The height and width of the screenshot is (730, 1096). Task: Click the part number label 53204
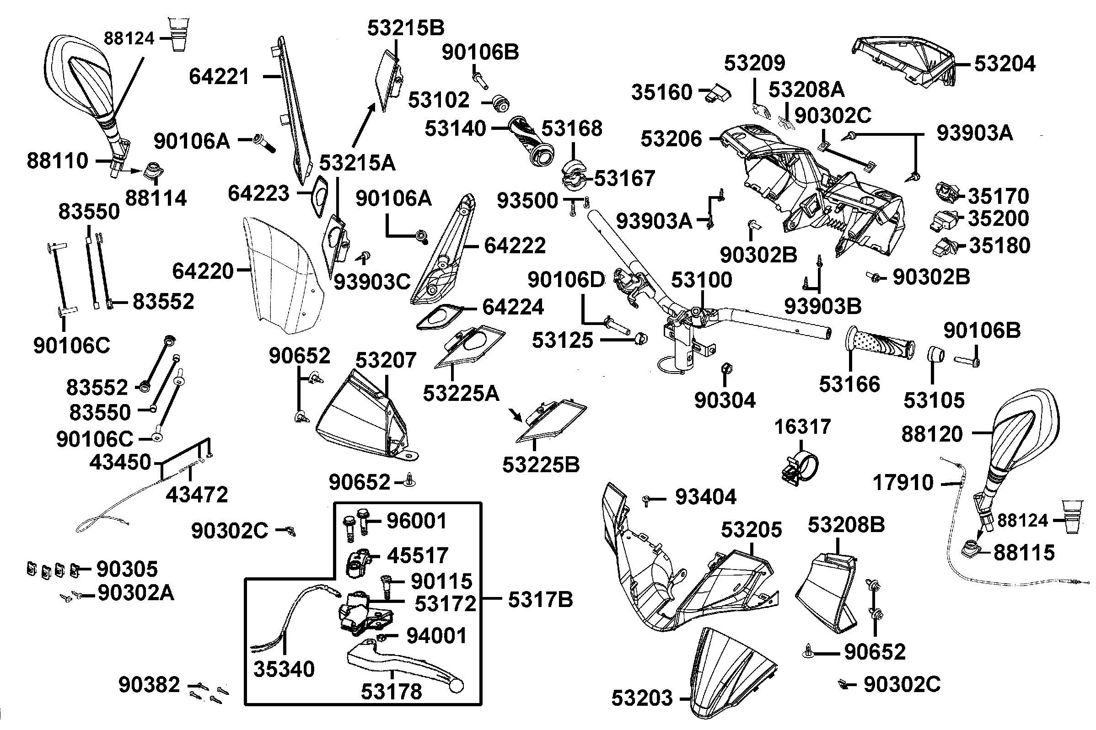[x=1004, y=64]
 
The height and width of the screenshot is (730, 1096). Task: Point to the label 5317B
[x=540, y=600]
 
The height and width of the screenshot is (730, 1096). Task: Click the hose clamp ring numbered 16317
[x=799, y=468]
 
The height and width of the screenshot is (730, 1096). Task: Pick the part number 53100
[x=702, y=280]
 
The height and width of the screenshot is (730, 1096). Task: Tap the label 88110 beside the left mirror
[x=57, y=161]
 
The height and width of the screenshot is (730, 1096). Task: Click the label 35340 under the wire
[x=284, y=669]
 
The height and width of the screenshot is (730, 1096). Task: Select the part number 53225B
[x=541, y=464]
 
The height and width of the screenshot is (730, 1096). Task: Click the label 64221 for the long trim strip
[x=220, y=77]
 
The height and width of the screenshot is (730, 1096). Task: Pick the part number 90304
[x=725, y=400]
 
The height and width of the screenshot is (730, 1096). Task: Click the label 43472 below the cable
[x=197, y=495]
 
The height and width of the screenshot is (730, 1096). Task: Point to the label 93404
[x=706, y=497]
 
